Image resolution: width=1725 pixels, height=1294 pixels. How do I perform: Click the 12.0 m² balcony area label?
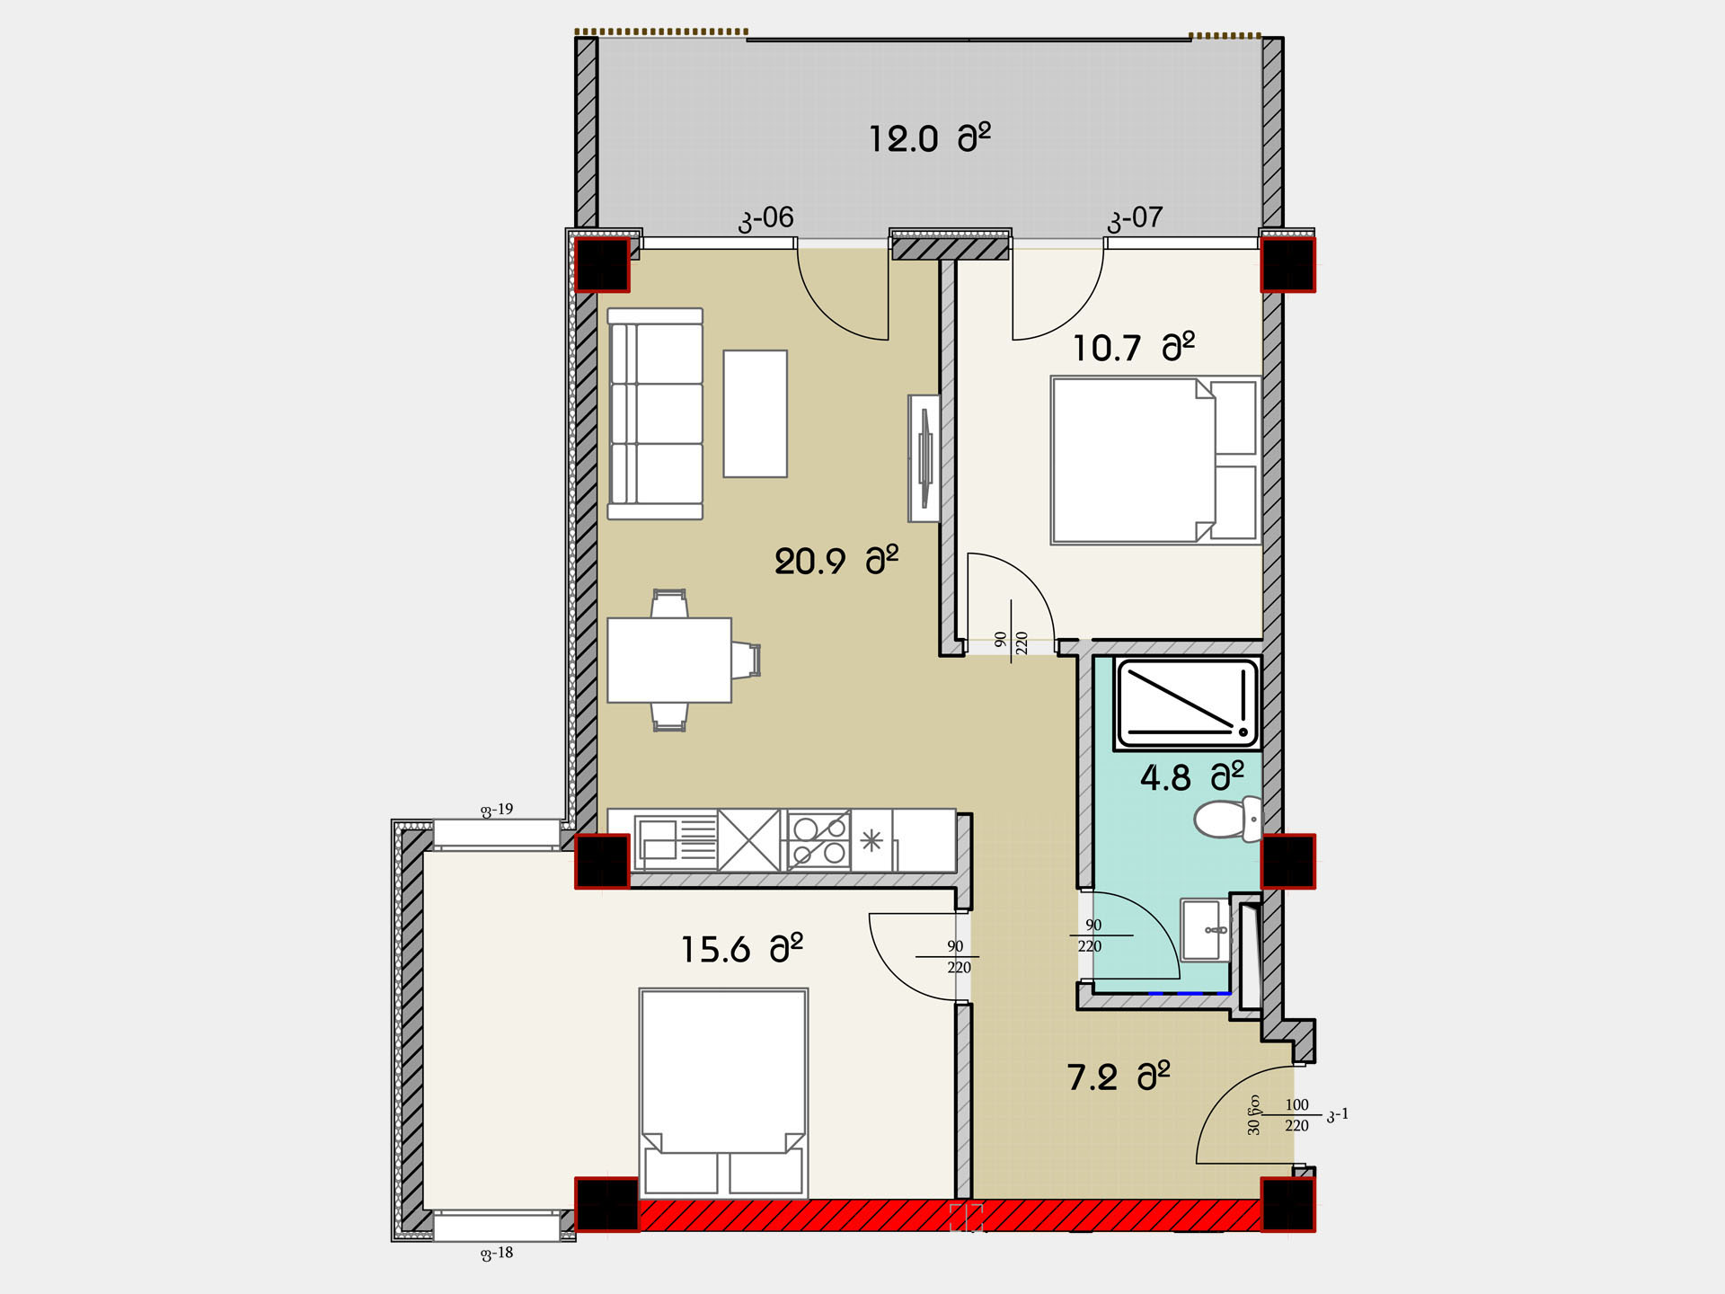(929, 138)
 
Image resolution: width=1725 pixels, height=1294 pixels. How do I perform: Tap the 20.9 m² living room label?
(836, 561)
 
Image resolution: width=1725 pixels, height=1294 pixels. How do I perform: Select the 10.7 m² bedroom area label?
(1134, 347)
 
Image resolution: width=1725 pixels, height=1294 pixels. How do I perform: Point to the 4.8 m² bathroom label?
(1192, 776)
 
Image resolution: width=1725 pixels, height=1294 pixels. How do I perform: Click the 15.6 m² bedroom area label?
(741, 949)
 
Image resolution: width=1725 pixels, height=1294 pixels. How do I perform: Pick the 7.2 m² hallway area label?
(1119, 1076)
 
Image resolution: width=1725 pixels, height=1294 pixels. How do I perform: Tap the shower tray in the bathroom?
(1187, 704)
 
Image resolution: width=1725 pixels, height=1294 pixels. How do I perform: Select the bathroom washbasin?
(1205, 930)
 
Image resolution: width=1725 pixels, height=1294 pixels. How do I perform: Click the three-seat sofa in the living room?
(655, 413)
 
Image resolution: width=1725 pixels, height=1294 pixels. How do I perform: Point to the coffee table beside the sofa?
(756, 413)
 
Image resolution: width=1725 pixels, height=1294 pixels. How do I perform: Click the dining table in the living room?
(669, 660)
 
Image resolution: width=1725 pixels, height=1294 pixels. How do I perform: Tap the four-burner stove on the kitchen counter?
(818, 841)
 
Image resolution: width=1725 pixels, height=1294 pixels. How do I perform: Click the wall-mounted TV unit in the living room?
(924, 458)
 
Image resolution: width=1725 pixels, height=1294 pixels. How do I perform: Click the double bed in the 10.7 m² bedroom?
(1155, 460)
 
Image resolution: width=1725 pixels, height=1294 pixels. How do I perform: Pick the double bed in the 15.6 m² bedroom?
(724, 1093)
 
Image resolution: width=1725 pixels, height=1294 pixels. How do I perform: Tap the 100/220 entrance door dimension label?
(1296, 1115)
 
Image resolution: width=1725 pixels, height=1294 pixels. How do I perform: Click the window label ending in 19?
(497, 810)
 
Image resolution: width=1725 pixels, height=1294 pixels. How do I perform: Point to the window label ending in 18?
(497, 1253)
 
